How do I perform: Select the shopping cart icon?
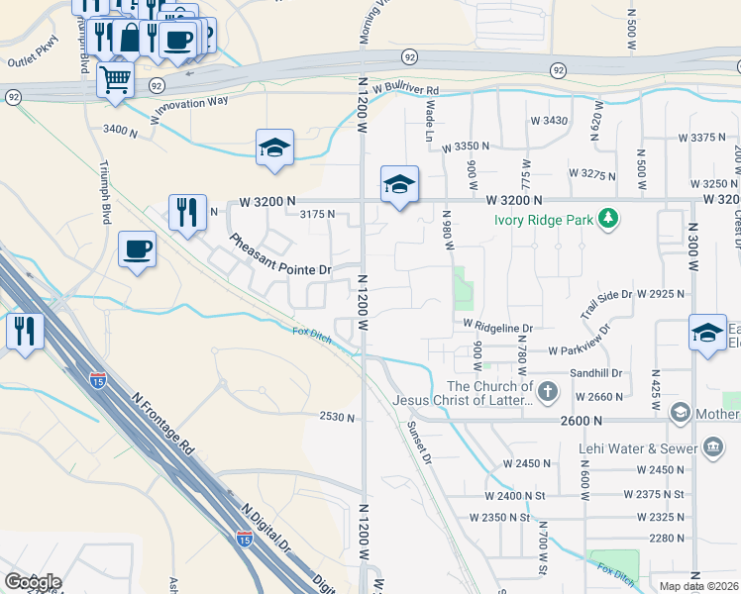point(116,79)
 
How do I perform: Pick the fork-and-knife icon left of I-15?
point(24,331)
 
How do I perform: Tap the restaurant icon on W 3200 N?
point(187,212)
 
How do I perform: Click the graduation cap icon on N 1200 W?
point(399,184)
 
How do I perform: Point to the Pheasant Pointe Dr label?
point(280,255)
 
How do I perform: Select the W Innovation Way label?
point(189,110)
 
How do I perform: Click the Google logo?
point(33,582)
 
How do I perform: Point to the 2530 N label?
point(337,418)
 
